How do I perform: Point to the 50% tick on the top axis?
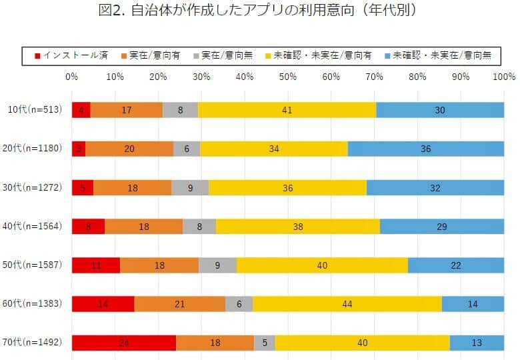click(287, 77)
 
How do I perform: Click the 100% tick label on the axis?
click(503, 77)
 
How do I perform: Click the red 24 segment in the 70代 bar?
click(123, 343)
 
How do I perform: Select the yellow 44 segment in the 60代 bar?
click(347, 304)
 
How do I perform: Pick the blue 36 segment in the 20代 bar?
click(425, 149)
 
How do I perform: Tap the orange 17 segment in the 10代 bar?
click(126, 110)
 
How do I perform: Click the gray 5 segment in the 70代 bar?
click(264, 343)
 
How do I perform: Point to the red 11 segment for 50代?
click(95, 265)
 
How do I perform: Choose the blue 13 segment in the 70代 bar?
click(477, 343)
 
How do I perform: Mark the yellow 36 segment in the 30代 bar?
click(287, 188)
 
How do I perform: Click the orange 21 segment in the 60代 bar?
click(179, 304)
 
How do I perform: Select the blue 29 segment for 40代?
click(441, 227)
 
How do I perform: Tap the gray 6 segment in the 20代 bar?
click(187, 149)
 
